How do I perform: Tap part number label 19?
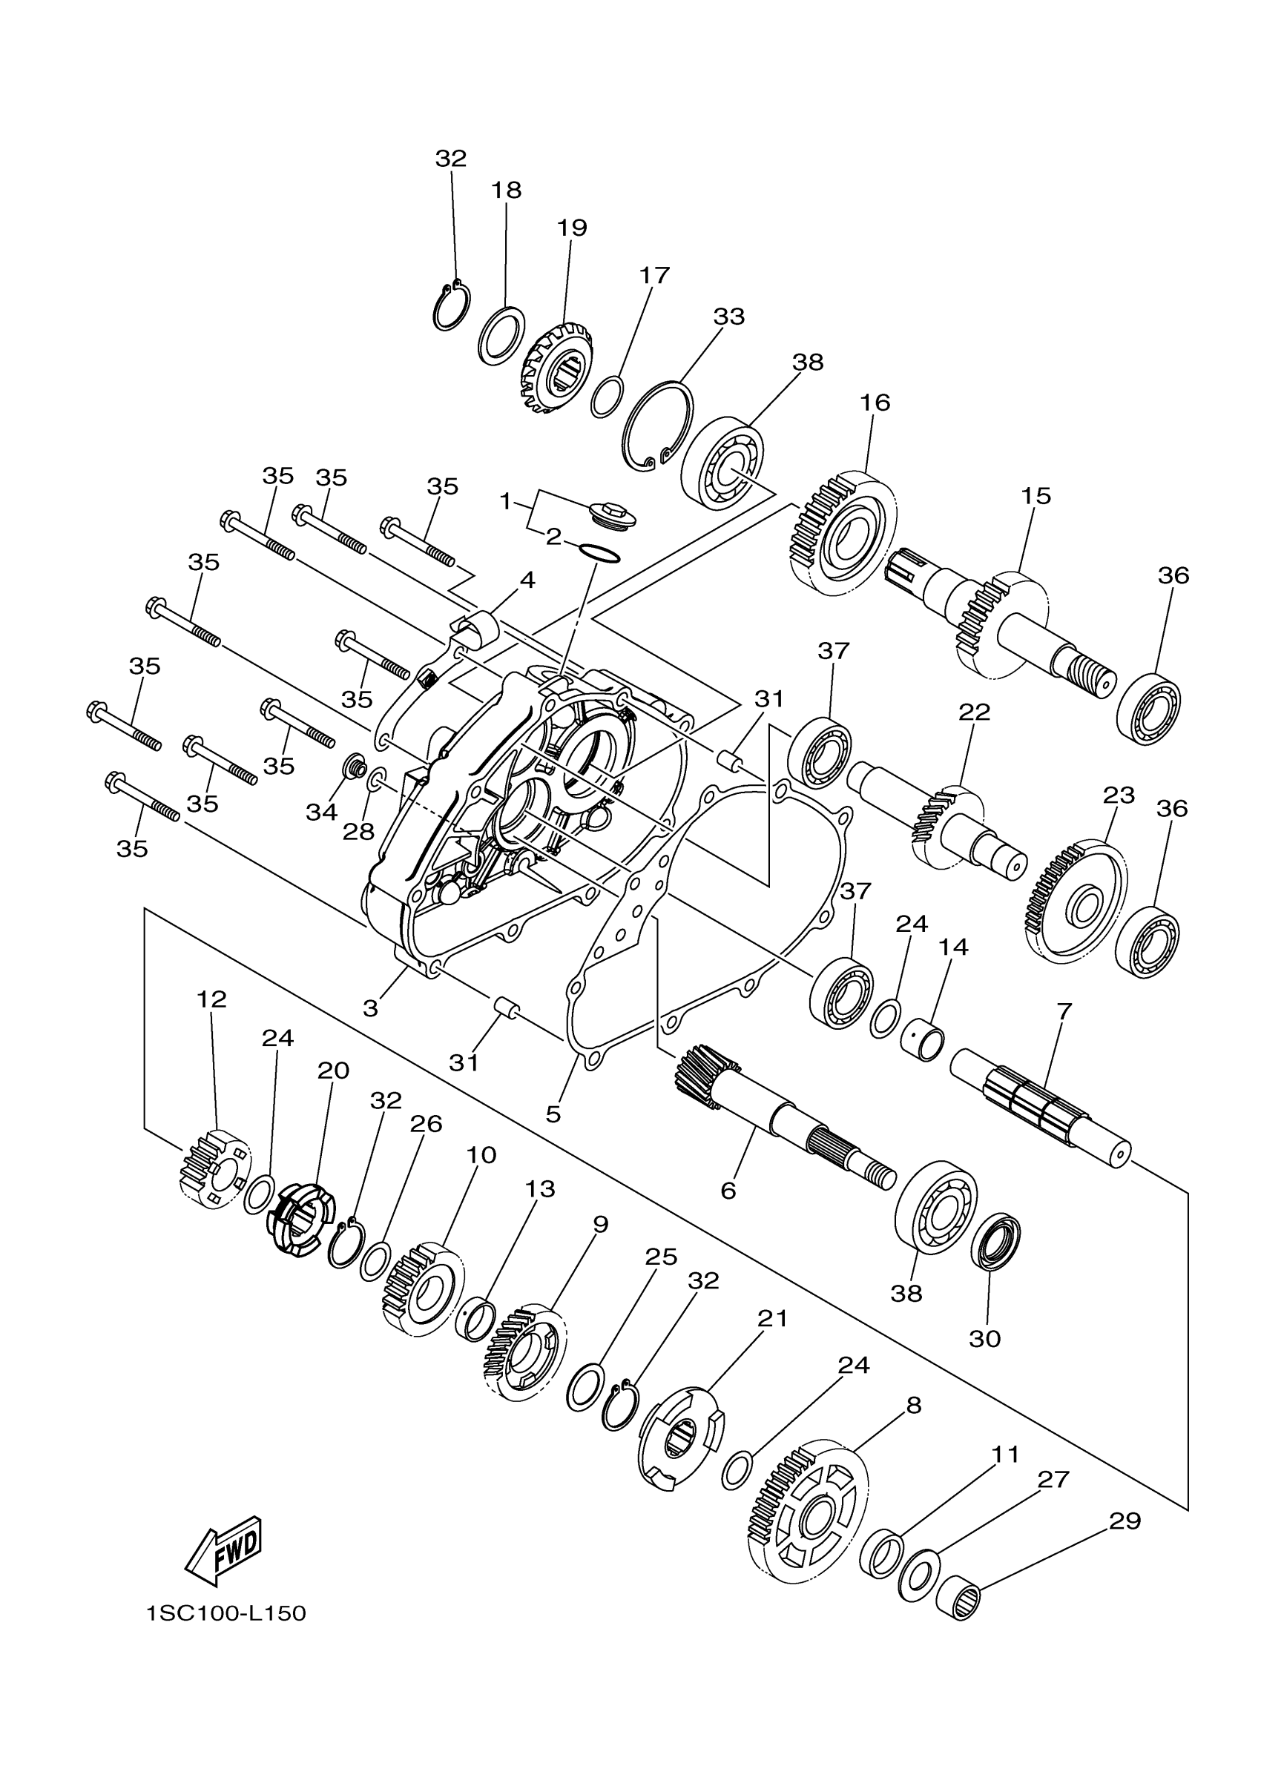click(572, 228)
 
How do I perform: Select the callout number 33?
click(729, 317)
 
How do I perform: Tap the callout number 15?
click(1036, 496)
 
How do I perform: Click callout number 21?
click(772, 1319)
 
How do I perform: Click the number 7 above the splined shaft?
click(1064, 1011)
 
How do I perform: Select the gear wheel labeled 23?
click(1077, 899)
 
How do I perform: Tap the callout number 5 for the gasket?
click(553, 1114)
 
